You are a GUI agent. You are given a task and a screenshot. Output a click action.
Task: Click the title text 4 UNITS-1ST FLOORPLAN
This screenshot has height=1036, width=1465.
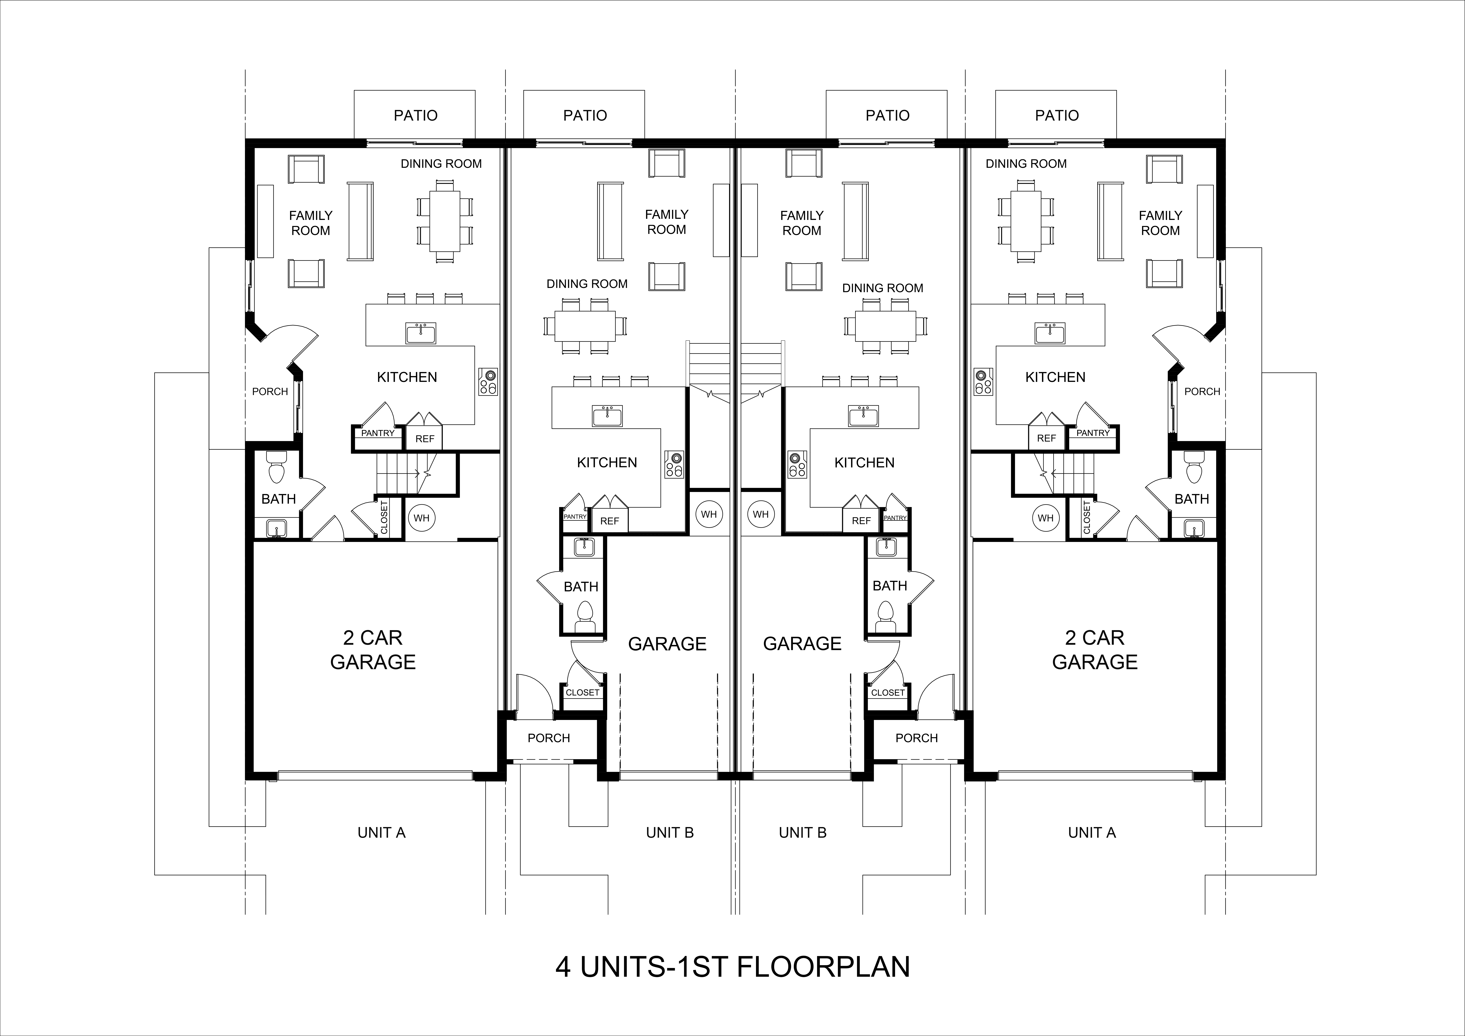pyautogui.click(x=732, y=967)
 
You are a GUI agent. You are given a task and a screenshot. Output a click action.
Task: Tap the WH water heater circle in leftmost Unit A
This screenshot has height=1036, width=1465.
pyautogui.click(x=421, y=518)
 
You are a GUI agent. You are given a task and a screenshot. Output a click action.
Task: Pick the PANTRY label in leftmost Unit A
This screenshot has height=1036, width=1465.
pyautogui.click(x=378, y=433)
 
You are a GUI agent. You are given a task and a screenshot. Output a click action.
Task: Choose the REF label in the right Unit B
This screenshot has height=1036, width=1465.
pyautogui.click(x=861, y=521)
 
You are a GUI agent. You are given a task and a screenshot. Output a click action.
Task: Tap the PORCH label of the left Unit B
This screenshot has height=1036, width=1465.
pyautogui.click(x=549, y=738)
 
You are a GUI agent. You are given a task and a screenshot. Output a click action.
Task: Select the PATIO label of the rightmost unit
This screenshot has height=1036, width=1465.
pyautogui.click(x=1057, y=116)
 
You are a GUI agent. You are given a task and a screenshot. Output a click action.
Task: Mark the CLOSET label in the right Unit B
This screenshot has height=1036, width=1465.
pyautogui.click(x=888, y=693)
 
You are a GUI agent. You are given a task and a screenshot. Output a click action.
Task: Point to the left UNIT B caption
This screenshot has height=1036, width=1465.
pyautogui.click(x=669, y=832)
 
